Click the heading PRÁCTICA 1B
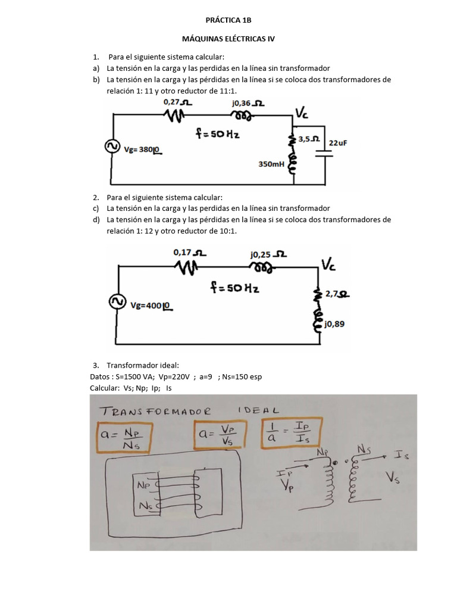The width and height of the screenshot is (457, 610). [228, 20]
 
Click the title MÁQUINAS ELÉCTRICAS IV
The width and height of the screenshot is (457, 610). [228, 39]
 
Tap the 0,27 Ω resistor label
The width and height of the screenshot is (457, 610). [177, 102]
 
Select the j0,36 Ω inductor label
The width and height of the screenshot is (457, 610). [249, 102]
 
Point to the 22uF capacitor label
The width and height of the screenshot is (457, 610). [338, 143]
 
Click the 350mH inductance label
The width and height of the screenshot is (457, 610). [271, 163]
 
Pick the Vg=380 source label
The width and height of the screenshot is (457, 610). [143, 150]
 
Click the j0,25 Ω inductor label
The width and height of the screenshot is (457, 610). [268, 254]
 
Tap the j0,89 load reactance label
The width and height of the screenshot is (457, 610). [335, 324]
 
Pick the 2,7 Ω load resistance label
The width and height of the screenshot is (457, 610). [337, 294]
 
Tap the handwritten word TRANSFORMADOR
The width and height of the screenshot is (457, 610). [156, 411]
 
